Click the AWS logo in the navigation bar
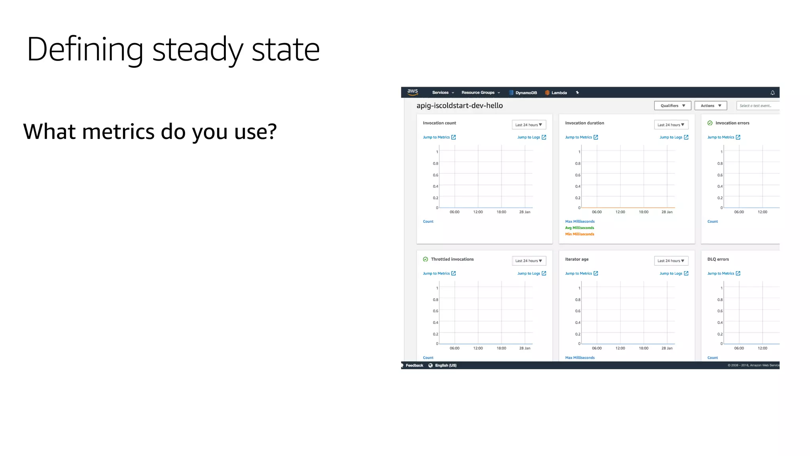point(413,92)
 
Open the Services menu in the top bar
point(443,93)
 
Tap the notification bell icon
point(772,93)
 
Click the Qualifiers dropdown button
point(672,106)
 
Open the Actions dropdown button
point(710,106)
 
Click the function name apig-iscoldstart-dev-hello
point(460,106)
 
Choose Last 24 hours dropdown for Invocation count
point(528,125)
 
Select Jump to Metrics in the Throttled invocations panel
point(439,274)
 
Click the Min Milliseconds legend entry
point(579,234)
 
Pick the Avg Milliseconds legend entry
point(579,228)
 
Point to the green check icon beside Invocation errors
point(710,123)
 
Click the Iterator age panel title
point(577,259)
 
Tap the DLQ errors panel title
point(718,259)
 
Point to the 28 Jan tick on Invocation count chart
point(524,212)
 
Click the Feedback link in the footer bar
point(414,365)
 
